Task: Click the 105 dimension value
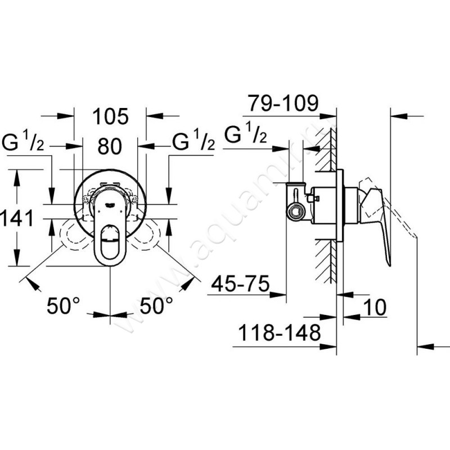[x=110, y=116]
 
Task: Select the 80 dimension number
[x=110, y=146]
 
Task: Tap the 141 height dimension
[x=17, y=218]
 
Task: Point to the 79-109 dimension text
[x=283, y=103]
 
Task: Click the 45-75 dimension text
[x=241, y=283]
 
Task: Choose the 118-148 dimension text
[x=280, y=332]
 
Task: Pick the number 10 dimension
[x=375, y=307]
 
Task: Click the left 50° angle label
[x=63, y=305]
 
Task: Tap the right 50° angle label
[x=156, y=305]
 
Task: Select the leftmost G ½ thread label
[x=23, y=140]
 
